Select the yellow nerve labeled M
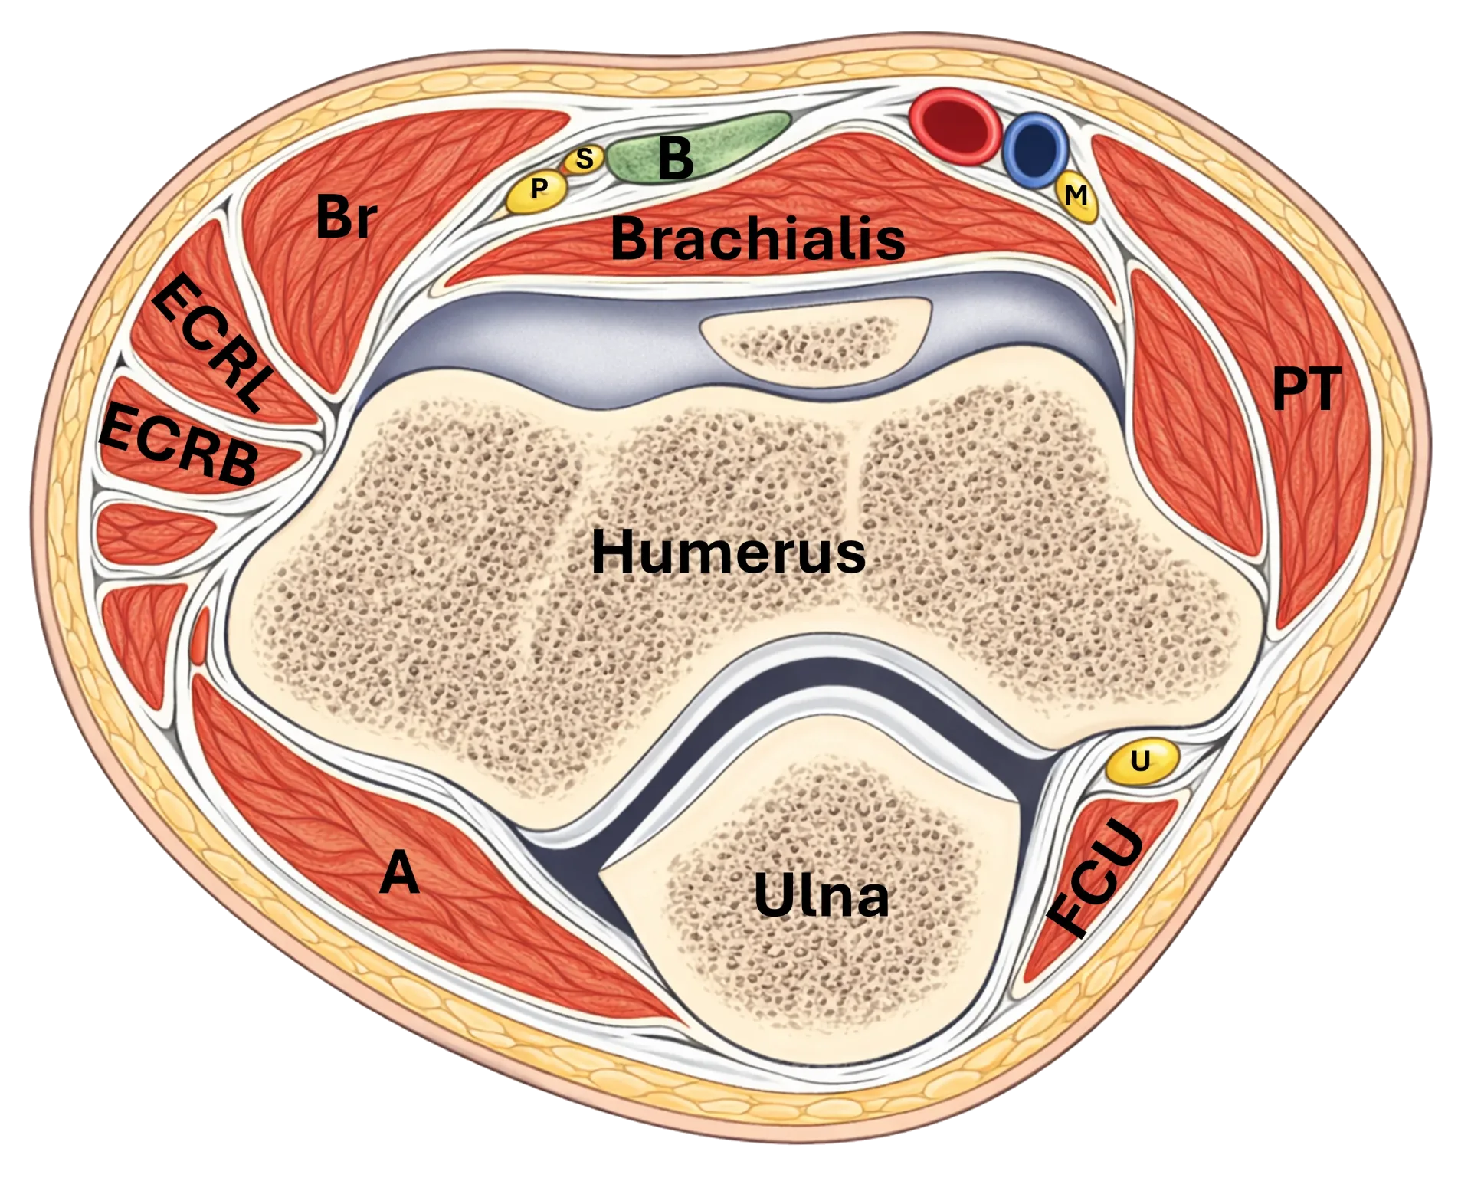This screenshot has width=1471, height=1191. click(x=1077, y=197)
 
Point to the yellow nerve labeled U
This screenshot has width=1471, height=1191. click(x=1141, y=761)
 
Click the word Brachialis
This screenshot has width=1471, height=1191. click(x=757, y=238)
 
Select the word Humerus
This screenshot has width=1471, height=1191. click(x=728, y=552)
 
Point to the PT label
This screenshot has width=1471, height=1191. click(x=1306, y=389)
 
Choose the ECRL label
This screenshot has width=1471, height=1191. click(x=213, y=343)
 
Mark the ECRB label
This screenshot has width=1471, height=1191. click(x=179, y=445)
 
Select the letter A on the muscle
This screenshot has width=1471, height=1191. click(x=399, y=872)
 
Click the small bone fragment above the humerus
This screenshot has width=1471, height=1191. click(x=816, y=340)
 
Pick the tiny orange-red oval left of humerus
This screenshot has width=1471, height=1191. click(x=201, y=635)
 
